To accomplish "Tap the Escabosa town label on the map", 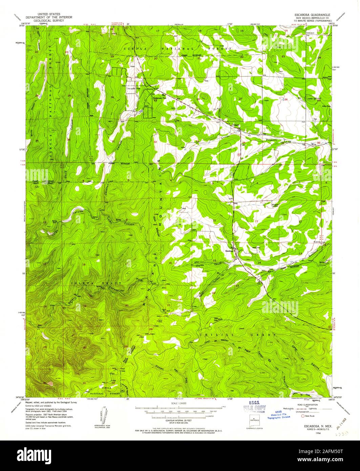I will coord(229,251).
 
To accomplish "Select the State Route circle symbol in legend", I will coord(302,416).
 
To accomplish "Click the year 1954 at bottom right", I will coord(318,433).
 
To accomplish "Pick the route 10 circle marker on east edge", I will coord(330,327).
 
